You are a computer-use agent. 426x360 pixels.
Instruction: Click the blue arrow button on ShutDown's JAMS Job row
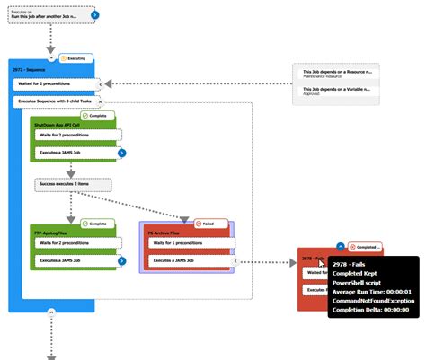click(x=121, y=154)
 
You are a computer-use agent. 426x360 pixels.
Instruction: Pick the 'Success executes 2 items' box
click(x=73, y=184)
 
